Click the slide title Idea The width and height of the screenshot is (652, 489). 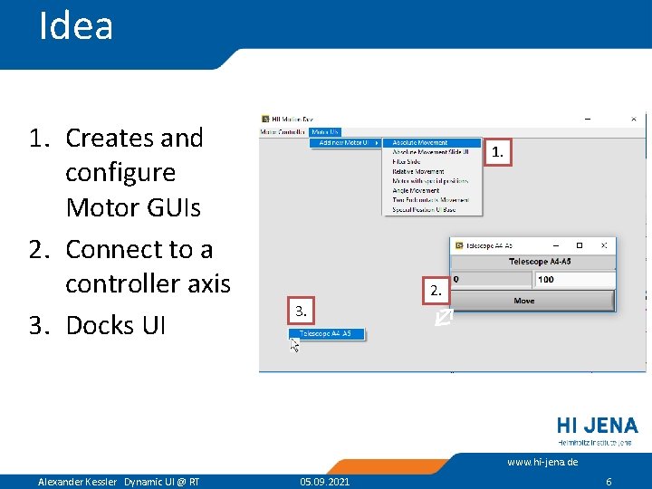76,26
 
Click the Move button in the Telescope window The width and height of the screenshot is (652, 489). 523,301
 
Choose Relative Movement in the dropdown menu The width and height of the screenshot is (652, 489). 417,171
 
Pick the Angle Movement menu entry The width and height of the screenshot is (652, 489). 416,190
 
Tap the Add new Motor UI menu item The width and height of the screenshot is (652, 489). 344,143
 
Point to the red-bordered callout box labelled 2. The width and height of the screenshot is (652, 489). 436,291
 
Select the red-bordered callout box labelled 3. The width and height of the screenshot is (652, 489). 302,312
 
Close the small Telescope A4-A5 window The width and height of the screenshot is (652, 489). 604,245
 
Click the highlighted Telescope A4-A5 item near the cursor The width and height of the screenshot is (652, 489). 327,334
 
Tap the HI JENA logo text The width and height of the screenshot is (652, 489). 597,426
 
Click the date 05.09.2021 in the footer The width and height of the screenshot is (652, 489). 325,482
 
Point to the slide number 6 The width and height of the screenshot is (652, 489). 609,482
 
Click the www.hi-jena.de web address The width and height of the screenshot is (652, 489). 542,462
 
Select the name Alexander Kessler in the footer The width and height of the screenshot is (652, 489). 77,482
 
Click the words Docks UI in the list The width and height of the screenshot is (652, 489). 116,325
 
